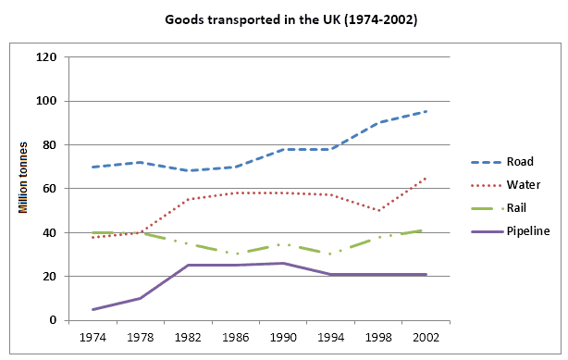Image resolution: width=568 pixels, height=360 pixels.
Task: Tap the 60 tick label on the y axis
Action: [x=50, y=189]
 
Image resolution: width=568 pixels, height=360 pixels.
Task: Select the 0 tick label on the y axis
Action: [x=54, y=321]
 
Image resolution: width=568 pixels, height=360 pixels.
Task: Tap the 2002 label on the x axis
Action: [x=426, y=337]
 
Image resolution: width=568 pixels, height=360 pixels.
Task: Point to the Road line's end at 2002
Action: [x=426, y=111]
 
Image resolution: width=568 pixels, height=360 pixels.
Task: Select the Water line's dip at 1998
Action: [x=378, y=210]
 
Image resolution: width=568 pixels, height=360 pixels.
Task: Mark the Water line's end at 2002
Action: [x=426, y=178]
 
